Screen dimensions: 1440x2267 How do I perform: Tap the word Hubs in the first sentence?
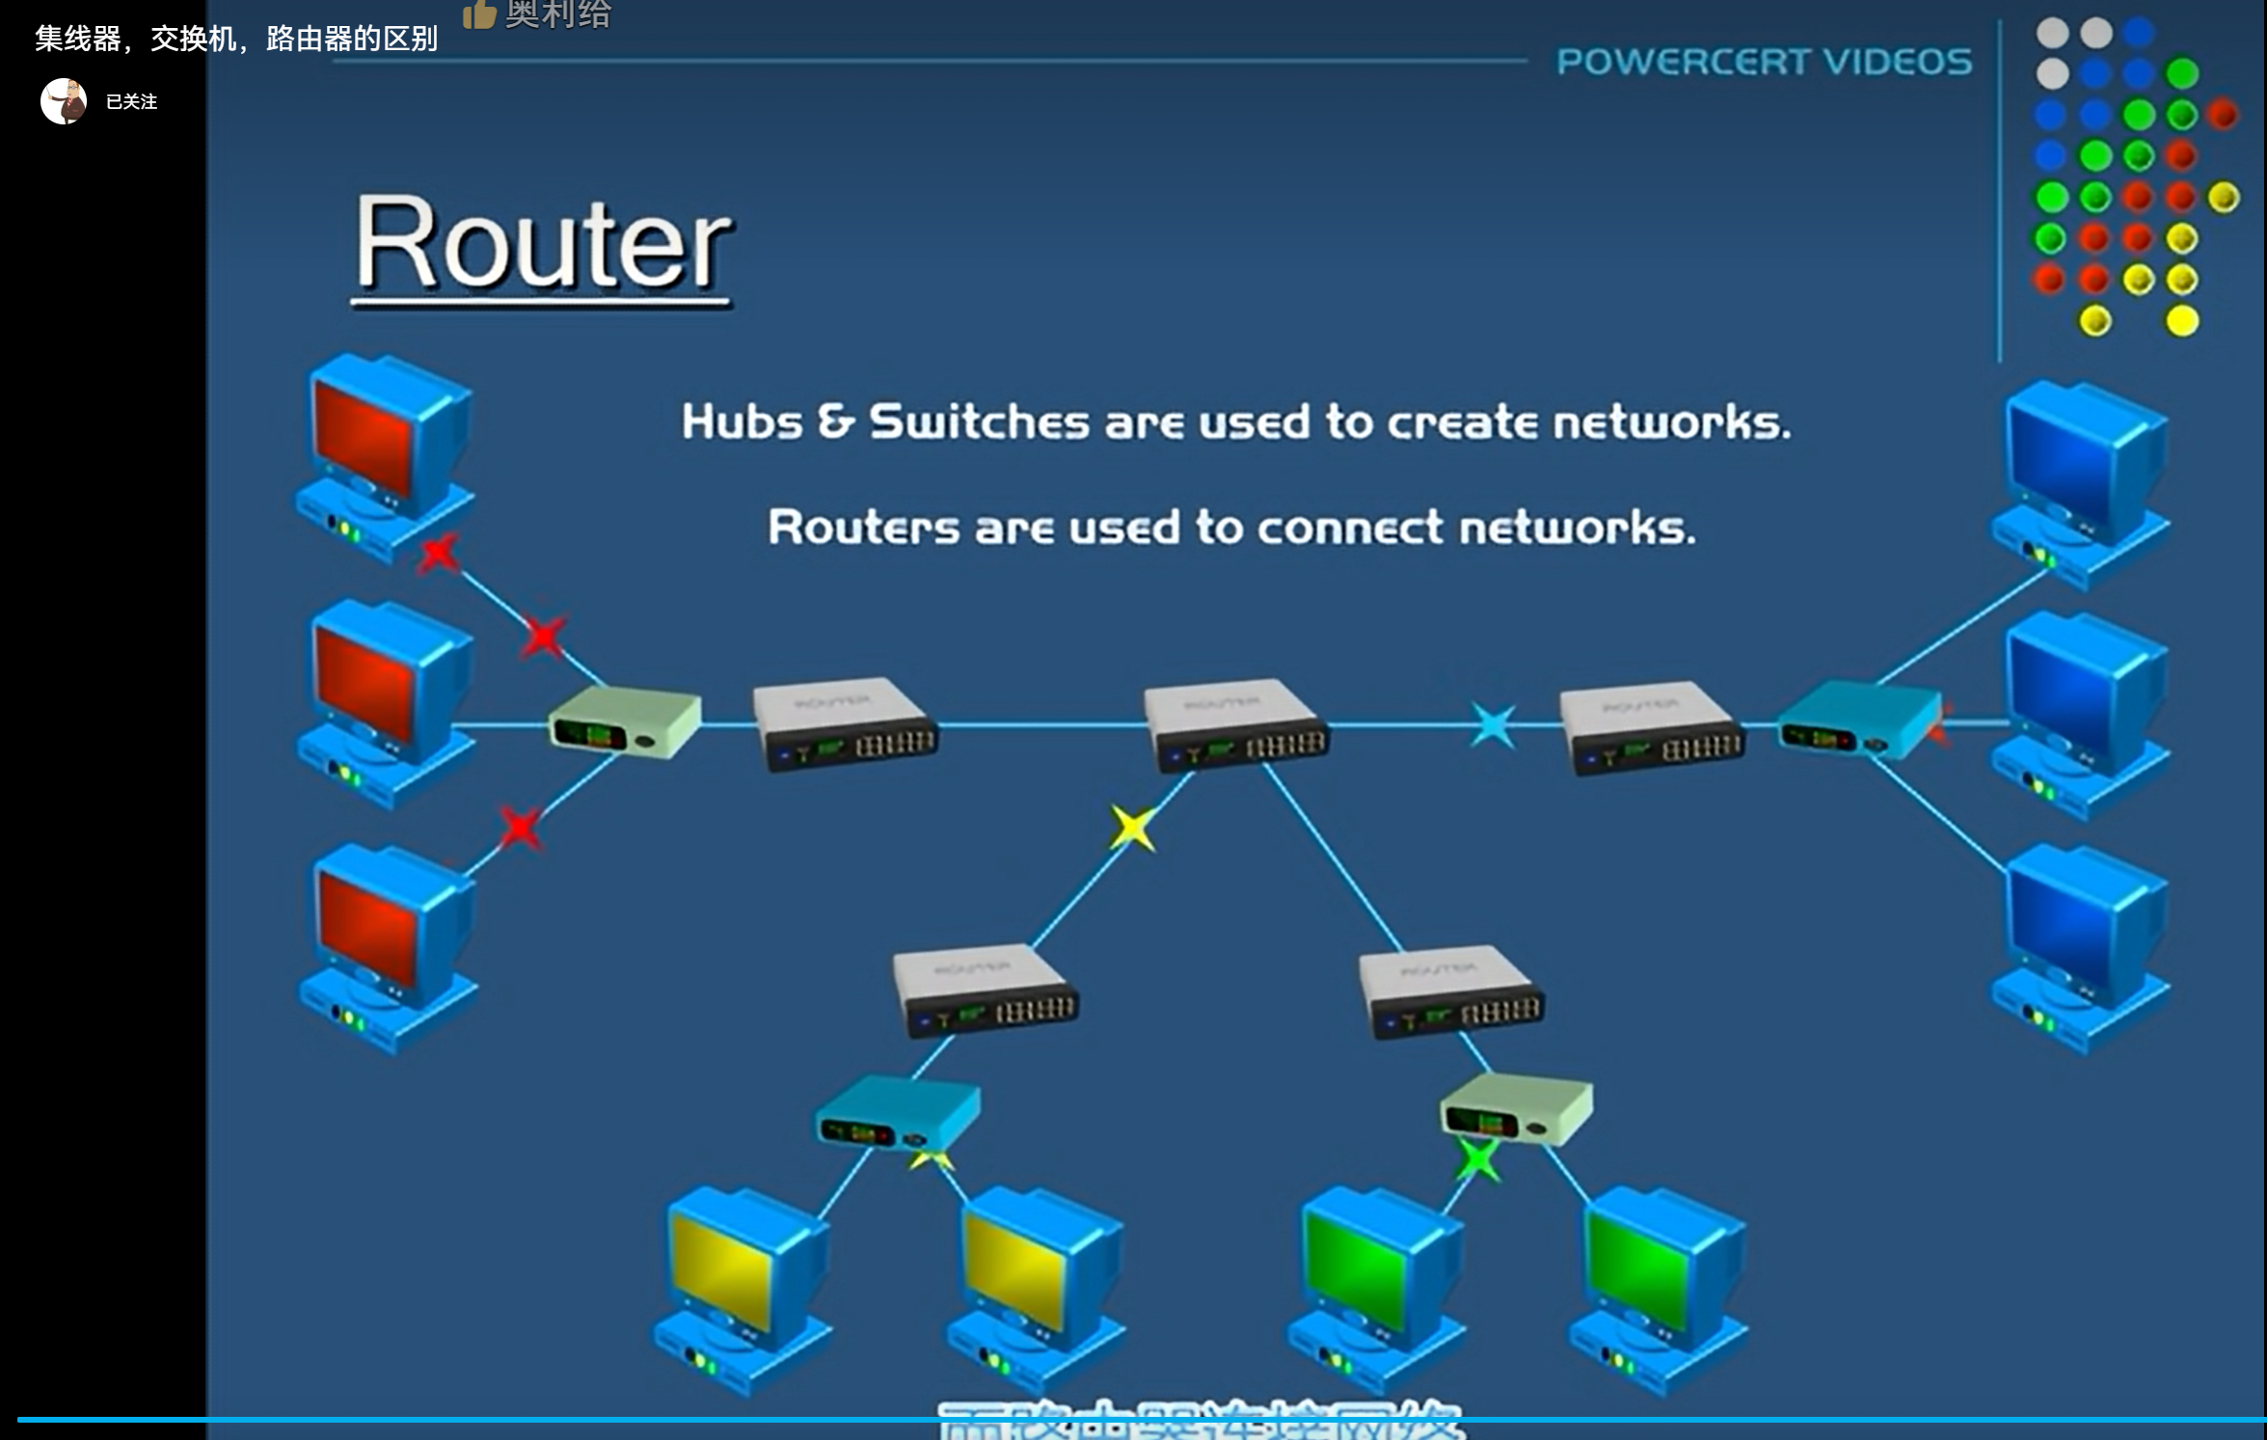pos(741,422)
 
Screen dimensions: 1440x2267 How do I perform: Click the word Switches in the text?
pos(979,422)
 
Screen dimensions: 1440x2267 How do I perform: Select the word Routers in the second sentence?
pos(863,528)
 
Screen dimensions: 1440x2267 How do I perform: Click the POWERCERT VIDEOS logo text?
pos(1764,62)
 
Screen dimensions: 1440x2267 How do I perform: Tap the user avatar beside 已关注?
pos(64,101)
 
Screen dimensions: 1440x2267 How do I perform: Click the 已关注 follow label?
pos(131,102)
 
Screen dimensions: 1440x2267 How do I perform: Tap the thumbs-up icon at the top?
pos(479,14)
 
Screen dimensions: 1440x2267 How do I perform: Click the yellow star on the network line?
pos(1131,829)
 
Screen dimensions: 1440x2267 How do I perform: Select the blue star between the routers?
pos(1492,726)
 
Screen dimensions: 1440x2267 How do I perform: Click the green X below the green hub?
pos(1478,1160)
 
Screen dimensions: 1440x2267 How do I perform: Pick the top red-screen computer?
pos(386,453)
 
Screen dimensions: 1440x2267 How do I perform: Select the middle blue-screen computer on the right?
pos(2083,714)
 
